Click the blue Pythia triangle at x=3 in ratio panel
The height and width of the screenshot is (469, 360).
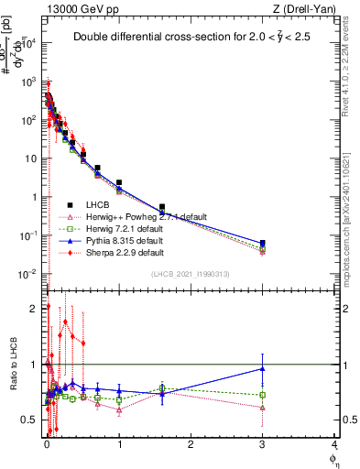click(x=263, y=369)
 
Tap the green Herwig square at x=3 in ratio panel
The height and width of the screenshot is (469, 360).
click(x=263, y=395)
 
